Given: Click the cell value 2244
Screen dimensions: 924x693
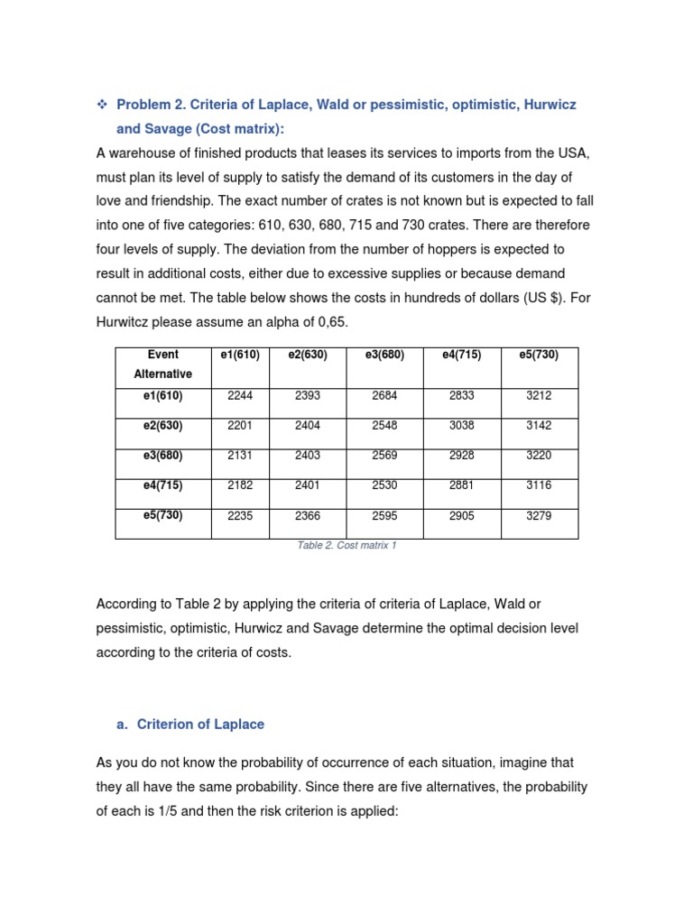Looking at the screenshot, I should tap(230, 395).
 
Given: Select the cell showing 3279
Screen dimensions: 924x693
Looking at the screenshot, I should tap(539, 516).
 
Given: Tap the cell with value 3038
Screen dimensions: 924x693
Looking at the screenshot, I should tap(461, 425).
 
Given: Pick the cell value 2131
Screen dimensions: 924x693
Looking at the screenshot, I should tap(230, 456).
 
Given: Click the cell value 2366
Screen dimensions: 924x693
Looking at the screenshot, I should tap(307, 516).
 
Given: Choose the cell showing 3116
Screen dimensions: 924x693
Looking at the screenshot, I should tap(539, 485).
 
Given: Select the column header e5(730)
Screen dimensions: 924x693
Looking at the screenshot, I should tap(539, 355).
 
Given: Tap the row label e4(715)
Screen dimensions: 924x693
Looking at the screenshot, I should tap(162, 485).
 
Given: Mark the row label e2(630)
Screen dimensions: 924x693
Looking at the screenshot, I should tap(162, 425).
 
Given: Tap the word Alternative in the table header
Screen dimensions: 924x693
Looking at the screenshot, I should tap(162, 374).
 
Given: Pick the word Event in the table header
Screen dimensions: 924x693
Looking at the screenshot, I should tap(162, 355).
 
